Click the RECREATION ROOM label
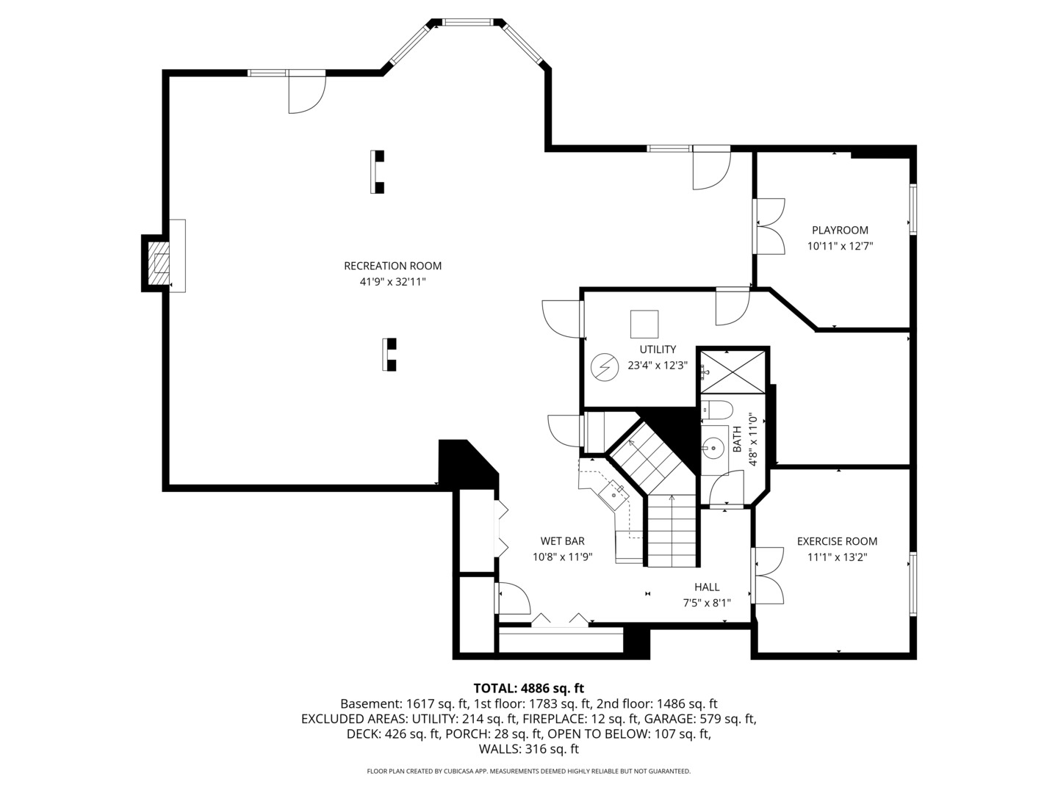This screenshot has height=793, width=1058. coord(392,266)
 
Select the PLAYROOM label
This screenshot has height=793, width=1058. coord(840,230)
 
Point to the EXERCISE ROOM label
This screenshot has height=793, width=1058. coord(837,541)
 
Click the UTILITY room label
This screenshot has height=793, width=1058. coord(657,350)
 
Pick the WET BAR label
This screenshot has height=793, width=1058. coord(562,541)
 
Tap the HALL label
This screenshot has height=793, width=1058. coord(707,587)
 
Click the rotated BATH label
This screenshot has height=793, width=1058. coord(737,439)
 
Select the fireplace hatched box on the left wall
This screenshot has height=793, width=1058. coord(159,262)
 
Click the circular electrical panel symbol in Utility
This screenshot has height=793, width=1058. coord(605,366)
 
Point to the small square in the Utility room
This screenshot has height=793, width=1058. coord(644,324)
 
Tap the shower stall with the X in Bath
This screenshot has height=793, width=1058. coord(733,372)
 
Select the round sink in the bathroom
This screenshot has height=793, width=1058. coord(712,446)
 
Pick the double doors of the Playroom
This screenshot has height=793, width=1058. coord(769,227)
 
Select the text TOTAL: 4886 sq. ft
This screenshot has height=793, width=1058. coord(528,688)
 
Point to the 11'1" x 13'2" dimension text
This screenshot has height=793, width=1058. coord(837,557)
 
